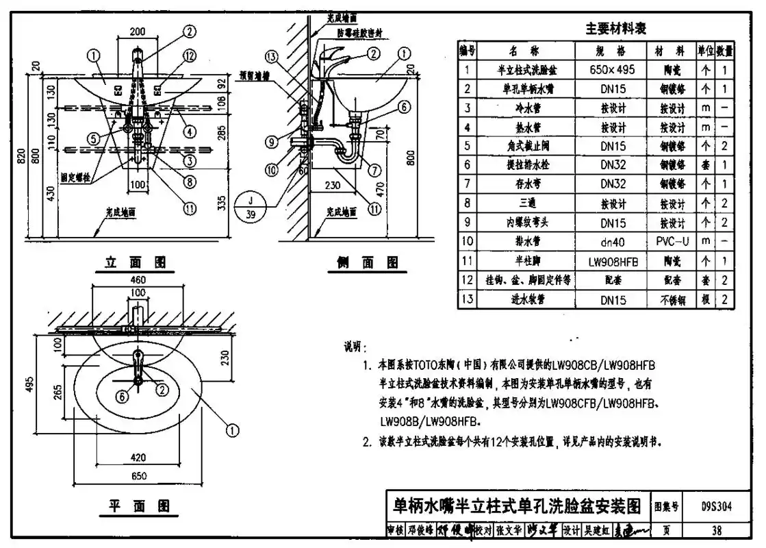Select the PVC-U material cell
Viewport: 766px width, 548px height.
pyautogui.click(x=672, y=241)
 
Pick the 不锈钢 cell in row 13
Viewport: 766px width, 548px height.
pyautogui.click(x=672, y=299)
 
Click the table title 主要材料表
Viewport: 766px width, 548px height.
pyautogui.click(x=615, y=29)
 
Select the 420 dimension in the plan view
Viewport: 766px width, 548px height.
pyautogui.click(x=138, y=456)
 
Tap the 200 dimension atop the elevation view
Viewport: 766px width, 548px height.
pyautogui.click(x=138, y=32)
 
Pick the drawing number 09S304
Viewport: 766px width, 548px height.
pyautogui.click(x=716, y=508)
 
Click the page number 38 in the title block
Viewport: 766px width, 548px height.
pyautogui.click(x=716, y=530)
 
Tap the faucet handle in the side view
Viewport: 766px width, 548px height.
pyautogui.click(x=337, y=52)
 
